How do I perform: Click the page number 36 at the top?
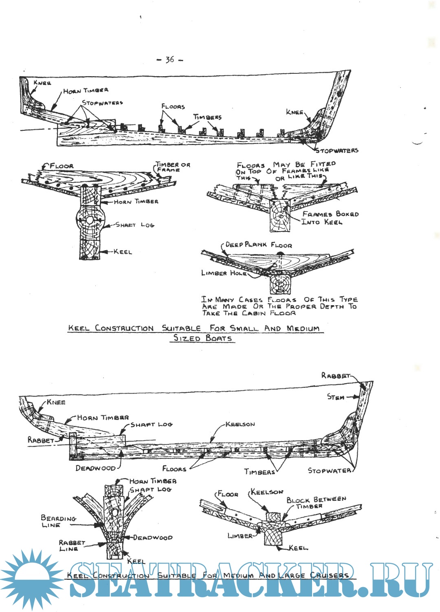170,60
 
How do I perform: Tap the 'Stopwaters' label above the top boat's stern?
102,103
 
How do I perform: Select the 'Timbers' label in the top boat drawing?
207,117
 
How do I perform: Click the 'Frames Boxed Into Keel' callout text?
330,218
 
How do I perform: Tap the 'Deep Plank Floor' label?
258,245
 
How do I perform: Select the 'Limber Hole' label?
223,273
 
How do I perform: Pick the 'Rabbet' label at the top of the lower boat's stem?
335,376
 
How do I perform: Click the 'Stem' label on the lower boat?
336,397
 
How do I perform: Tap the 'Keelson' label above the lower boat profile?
240,424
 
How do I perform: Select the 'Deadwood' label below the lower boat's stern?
95,468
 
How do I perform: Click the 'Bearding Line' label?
58,521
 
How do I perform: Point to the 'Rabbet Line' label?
72,546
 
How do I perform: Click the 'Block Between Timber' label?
316,502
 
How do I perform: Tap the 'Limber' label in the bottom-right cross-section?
240,536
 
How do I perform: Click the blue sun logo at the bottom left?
31,579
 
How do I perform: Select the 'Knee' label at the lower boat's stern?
56,402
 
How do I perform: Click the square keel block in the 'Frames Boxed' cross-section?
279,216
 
